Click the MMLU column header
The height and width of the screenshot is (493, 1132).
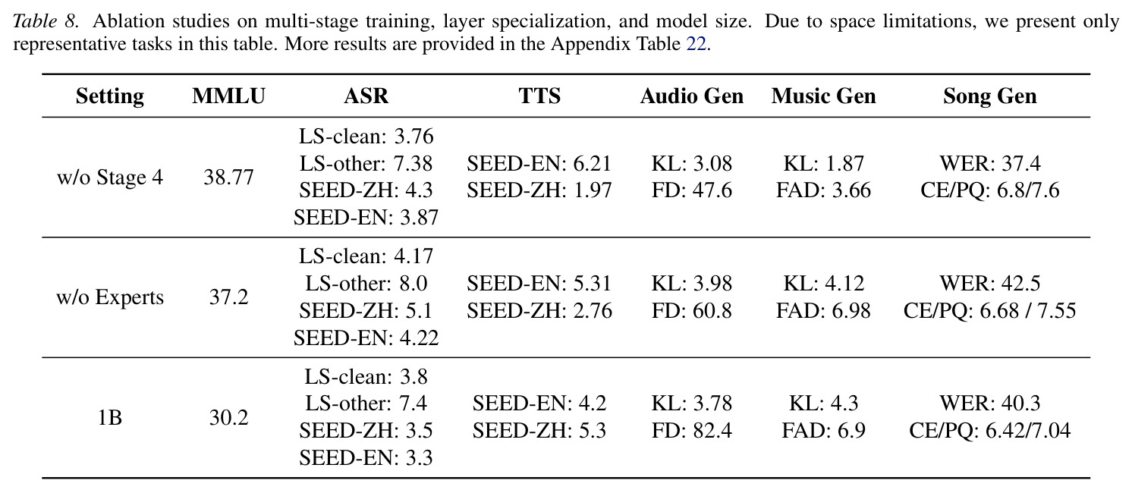point(228,96)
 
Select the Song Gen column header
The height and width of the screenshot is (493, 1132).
point(989,96)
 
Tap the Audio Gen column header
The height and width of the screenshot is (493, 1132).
point(692,96)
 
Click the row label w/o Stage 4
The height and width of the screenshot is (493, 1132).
point(110,177)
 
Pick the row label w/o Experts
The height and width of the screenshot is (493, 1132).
point(110,297)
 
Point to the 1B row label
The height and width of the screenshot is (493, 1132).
point(110,418)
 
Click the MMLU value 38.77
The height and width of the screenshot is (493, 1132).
point(228,177)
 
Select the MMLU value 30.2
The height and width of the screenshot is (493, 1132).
point(228,418)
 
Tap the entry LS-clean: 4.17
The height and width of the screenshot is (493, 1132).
point(366,256)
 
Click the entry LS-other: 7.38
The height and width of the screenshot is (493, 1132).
point(366,164)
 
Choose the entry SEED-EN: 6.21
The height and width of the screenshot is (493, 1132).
point(539,164)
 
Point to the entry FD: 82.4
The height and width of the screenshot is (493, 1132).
point(691,430)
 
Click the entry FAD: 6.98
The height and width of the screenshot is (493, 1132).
point(823,311)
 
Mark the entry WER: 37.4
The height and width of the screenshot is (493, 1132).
point(989,164)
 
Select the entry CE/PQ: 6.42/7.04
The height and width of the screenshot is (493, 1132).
point(989,430)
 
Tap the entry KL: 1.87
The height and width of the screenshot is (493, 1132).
point(823,164)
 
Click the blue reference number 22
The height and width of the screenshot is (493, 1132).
point(696,45)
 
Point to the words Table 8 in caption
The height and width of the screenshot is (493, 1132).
point(46,21)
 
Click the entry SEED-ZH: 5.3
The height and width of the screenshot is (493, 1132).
point(539,430)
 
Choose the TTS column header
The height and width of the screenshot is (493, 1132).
point(539,96)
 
